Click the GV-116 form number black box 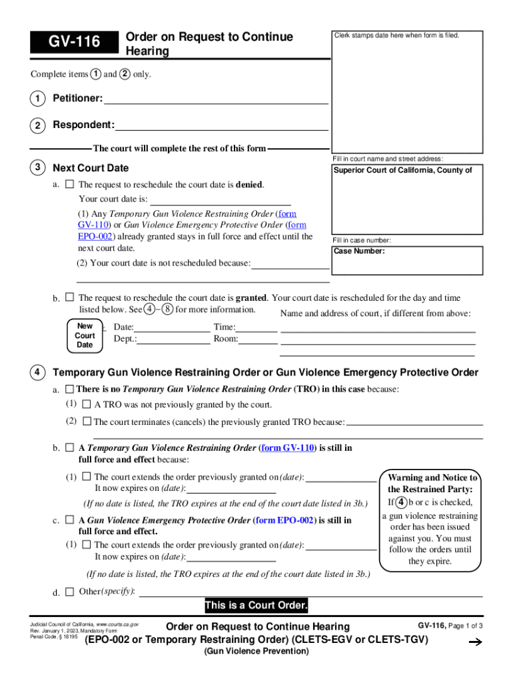point(73,43)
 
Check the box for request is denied point(69,184)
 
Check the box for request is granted point(69,297)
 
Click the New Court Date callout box point(85,335)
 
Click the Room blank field point(258,339)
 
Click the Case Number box point(408,260)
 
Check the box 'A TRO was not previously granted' point(87,404)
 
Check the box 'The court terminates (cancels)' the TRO point(87,422)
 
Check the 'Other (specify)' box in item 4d point(69,592)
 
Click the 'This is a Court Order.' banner point(256,606)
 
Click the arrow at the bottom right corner point(475,642)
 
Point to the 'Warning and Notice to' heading point(432,478)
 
